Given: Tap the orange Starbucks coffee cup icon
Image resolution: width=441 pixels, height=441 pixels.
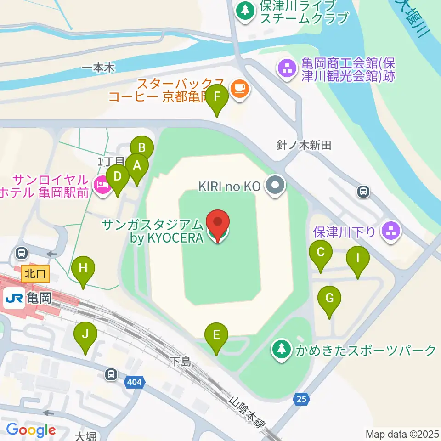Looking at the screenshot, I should (x=239, y=87).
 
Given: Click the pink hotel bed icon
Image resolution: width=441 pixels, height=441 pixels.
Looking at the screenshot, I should (x=102, y=186).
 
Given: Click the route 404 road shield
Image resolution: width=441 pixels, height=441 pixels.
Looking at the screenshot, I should (x=136, y=381).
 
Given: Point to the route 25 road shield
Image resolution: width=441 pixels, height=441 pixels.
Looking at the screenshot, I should (x=301, y=400).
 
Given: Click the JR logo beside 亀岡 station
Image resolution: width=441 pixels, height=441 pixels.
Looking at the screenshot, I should (x=14, y=300).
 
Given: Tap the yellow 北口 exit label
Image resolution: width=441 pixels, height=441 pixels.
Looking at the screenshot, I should (x=35, y=274).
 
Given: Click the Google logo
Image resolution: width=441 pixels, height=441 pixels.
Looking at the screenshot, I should (x=31, y=430).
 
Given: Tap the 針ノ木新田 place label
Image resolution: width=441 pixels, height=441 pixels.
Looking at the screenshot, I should (x=304, y=146).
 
